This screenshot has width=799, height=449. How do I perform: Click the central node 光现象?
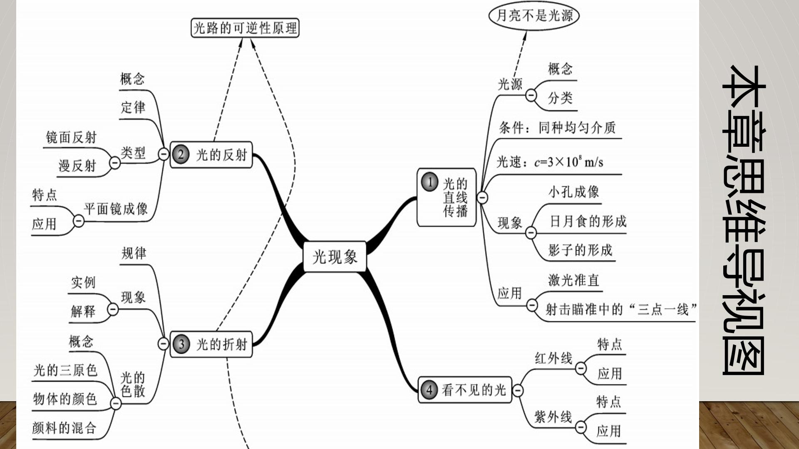click(335, 257)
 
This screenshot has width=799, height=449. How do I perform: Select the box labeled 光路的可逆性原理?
click(245, 28)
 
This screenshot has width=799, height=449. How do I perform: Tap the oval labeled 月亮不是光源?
click(534, 16)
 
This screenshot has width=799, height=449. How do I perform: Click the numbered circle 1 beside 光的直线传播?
click(430, 182)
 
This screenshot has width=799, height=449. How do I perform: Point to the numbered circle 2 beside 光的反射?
click(181, 155)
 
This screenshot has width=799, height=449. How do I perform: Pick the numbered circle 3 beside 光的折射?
click(181, 344)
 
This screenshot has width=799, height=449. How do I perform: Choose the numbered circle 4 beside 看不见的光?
click(429, 390)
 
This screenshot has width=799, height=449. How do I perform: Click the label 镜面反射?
click(71, 137)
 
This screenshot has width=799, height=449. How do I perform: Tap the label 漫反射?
click(77, 166)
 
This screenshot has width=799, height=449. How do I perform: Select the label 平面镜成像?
click(116, 209)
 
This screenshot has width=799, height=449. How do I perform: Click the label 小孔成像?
click(574, 192)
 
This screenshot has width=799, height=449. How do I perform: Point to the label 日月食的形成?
click(588, 221)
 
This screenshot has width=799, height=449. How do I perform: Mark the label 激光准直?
click(574, 280)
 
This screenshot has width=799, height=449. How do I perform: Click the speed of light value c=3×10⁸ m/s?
click(568, 161)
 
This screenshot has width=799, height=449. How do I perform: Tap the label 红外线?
click(553, 358)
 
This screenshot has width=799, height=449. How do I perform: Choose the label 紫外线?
click(553, 417)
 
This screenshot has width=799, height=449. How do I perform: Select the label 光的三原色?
click(65, 370)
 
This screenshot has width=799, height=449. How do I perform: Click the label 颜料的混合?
click(65, 427)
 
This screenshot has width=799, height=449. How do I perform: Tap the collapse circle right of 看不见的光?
click(518, 390)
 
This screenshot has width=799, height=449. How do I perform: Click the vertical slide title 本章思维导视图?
click(744, 220)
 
